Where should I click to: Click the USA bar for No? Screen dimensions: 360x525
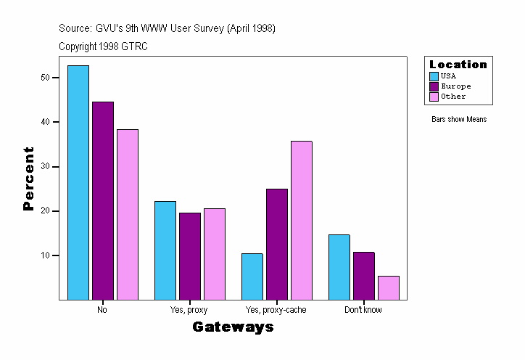click(x=78, y=182)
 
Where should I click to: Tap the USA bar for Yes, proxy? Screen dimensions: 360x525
click(x=165, y=250)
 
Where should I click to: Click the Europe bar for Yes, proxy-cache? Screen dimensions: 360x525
click(x=277, y=244)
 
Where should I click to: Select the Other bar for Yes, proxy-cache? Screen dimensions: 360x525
click(x=302, y=220)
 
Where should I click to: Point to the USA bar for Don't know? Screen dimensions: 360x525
click(x=339, y=267)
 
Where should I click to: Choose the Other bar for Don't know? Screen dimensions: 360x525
click(x=389, y=287)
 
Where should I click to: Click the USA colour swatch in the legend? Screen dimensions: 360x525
click(x=434, y=76)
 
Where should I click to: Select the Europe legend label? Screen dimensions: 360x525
click(x=455, y=86)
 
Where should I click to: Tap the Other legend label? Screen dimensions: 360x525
click(x=453, y=97)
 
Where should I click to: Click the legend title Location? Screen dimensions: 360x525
click(x=458, y=65)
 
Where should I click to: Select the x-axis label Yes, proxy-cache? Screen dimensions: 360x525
click(x=276, y=310)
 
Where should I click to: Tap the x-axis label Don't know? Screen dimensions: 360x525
click(x=363, y=310)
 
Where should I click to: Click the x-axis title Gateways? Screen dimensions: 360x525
click(x=233, y=327)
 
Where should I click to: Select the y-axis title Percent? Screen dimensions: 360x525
click(x=29, y=179)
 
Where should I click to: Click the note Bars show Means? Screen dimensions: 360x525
click(x=459, y=119)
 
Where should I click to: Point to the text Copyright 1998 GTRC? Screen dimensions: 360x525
click(x=104, y=46)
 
